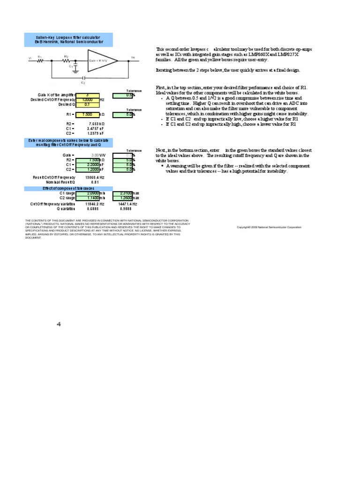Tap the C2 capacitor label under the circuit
[x=83, y=82]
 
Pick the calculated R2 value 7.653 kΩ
[x=96, y=124]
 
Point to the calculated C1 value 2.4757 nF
[x=96, y=128]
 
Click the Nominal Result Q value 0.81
[x=95, y=182]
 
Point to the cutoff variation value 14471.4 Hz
[x=127, y=204]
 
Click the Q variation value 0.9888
[x=125, y=209]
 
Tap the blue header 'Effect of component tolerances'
[x=68, y=188]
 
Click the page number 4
[x=59, y=324]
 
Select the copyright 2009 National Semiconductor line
[x=269, y=227]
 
